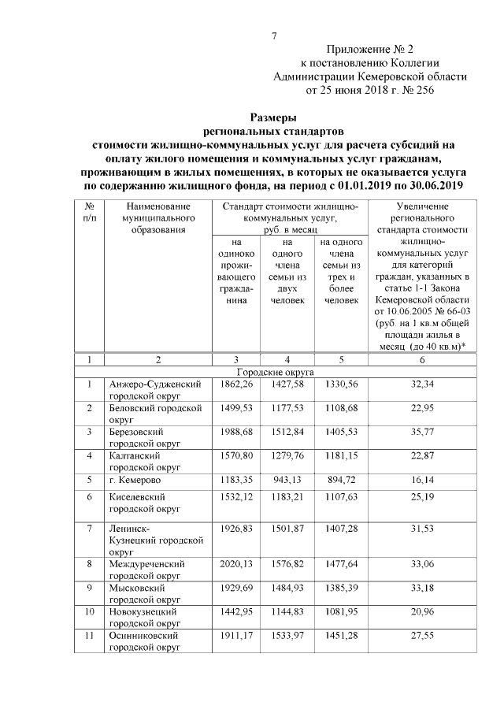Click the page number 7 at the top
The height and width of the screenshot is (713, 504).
click(x=275, y=35)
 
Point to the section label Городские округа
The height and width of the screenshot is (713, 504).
click(x=275, y=370)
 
